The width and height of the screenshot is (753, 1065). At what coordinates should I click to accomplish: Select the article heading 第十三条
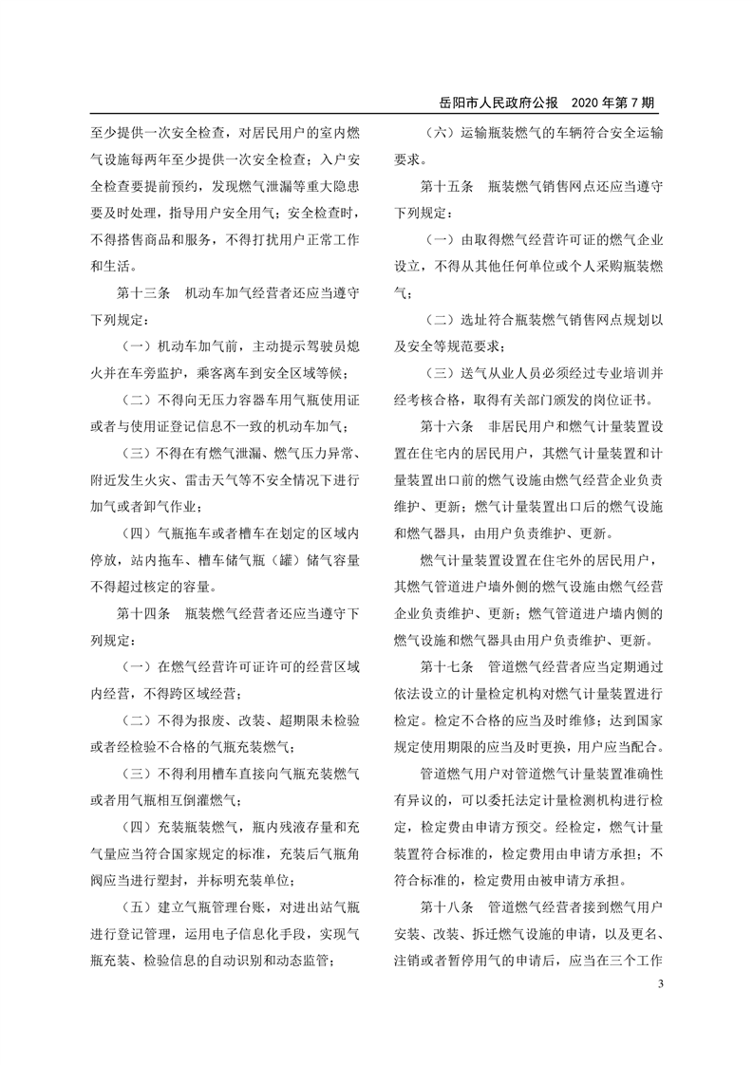[x=142, y=295]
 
